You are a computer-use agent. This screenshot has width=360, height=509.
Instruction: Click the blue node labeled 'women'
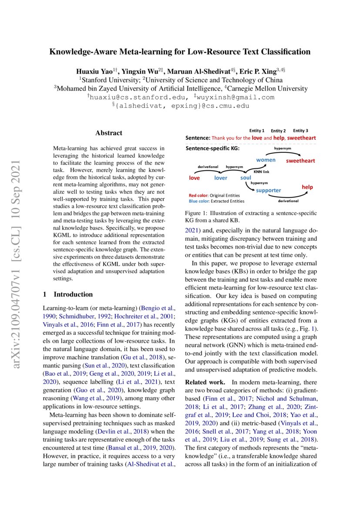266,160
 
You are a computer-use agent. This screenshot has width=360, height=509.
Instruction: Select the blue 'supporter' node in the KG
268,190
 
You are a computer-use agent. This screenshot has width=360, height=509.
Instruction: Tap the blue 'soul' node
246,178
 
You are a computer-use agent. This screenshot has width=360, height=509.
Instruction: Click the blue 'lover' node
221,178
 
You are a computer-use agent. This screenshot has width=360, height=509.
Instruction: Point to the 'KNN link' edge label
262,172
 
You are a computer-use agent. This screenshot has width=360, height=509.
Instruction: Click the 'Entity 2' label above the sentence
278,131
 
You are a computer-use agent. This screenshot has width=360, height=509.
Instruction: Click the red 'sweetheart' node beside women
300,161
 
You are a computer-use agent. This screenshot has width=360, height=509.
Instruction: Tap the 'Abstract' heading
109,133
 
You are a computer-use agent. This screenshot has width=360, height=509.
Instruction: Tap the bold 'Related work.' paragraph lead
203,381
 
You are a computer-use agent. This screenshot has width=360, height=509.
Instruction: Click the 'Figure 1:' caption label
198,213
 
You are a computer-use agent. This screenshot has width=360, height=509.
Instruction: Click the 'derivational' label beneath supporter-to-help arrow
288,201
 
